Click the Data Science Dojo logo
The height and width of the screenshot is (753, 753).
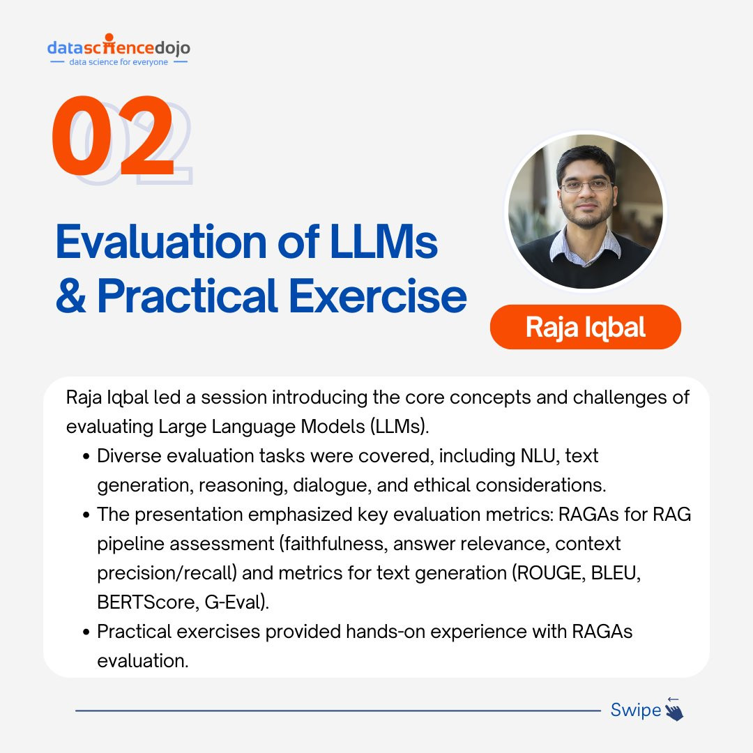click(119, 50)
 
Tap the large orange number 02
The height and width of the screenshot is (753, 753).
click(113, 135)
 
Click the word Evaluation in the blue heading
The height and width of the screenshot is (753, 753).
click(161, 241)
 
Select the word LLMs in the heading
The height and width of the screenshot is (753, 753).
click(383, 241)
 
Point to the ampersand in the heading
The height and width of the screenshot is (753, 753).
click(71, 296)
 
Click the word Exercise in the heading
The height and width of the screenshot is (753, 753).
click(377, 296)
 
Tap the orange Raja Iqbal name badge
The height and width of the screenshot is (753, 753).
click(586, 327)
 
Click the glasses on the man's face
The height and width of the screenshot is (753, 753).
click(586, 186)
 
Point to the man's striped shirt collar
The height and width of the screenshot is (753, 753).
click(586, 246)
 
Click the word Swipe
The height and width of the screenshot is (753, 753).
click(636, 710)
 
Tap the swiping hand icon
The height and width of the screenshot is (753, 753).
click(674, 709)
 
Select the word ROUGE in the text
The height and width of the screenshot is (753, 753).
click(549, 573)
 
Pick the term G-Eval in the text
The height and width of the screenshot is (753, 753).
click(234, 602)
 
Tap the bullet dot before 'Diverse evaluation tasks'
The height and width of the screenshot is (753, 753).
click(86, 456)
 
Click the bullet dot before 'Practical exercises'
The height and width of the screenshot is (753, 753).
click(86, 632)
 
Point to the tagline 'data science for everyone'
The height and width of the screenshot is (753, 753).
click(119, 62)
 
